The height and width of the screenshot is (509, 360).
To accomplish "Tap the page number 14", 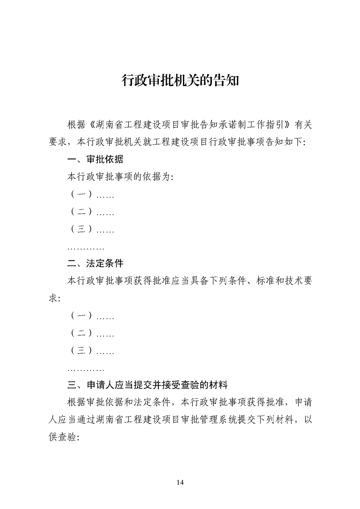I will [x=180, y=482].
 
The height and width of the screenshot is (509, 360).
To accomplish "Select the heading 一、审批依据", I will [x=95, y=159].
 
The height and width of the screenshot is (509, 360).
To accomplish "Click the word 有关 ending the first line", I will [x=303, y=124].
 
